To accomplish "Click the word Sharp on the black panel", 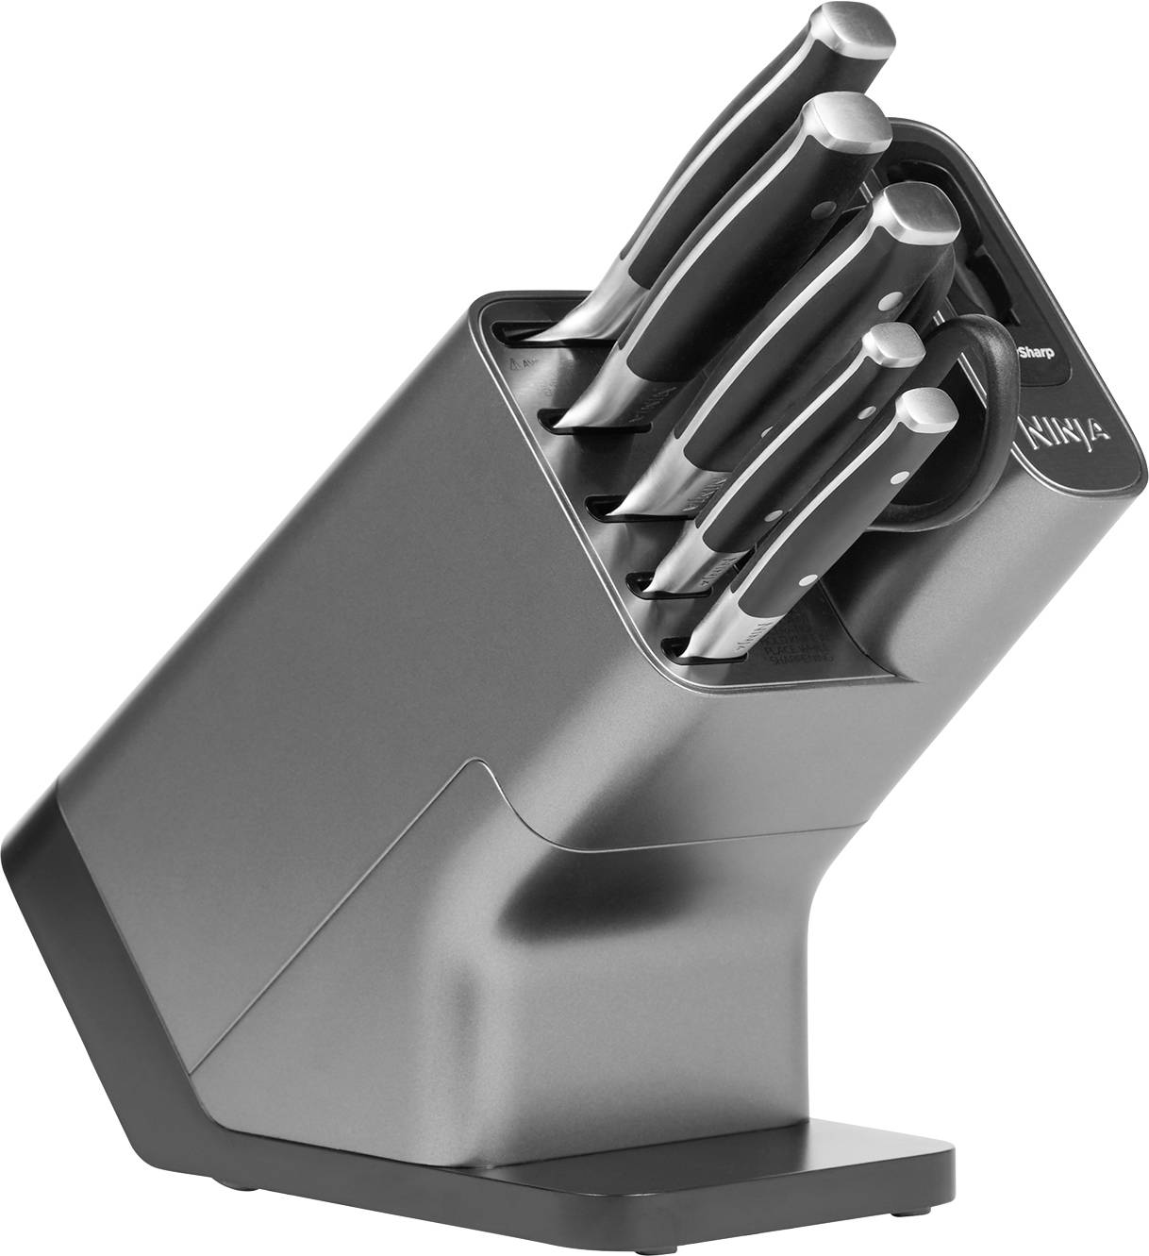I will pos(1034,356).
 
